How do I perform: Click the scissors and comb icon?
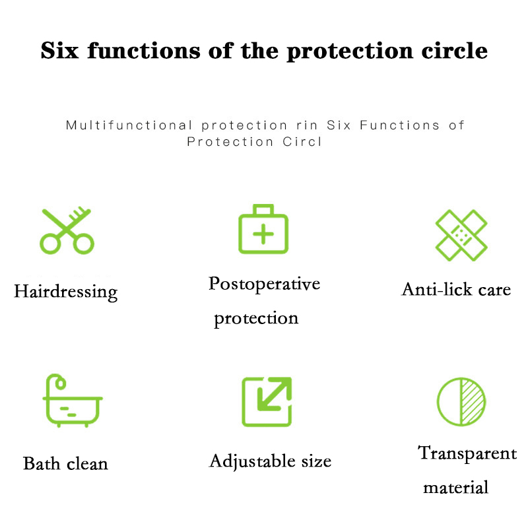[67, 232]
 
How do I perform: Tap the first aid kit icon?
[263, 229]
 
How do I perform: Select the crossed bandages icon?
[461, 235]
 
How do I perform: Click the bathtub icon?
[73, 401]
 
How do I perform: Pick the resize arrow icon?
[267, 402]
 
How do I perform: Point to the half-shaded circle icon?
[461, 402]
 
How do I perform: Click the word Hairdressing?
[65, 292]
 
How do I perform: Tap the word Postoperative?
[265, 284]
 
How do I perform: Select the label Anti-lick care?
[456, 289]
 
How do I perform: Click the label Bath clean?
[65, 463]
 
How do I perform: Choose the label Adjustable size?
[270, 461]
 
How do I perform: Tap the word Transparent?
[467, 453]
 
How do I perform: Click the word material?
[455, 488]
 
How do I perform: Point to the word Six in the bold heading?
[59, 51]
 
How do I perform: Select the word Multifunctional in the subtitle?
[129, 125]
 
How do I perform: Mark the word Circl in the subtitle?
[302, 142]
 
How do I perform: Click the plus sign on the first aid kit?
[263, 234]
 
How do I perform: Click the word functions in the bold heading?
[144, 51]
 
